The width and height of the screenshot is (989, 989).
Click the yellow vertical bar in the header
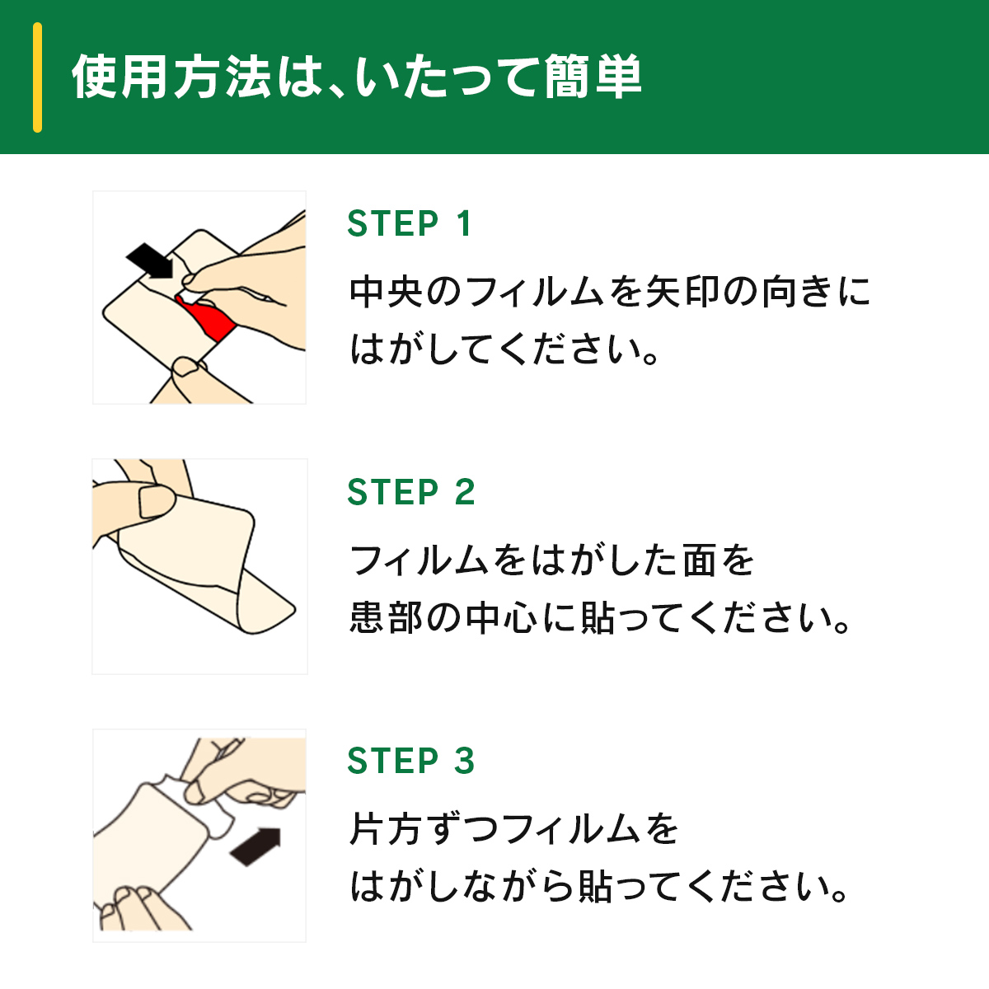(37, 77)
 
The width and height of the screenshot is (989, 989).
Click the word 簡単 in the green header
(593, 77)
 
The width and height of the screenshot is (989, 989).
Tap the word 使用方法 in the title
(171, 77)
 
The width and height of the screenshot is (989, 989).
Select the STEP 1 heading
(410, 224)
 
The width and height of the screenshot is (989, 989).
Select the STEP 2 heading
(411, 492)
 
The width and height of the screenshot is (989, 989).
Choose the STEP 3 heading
(411, 760)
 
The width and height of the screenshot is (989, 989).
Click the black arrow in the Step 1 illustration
(150, 260)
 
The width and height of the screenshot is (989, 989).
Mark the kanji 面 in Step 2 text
(699, 561)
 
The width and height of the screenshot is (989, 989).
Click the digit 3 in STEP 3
(465, 760)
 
